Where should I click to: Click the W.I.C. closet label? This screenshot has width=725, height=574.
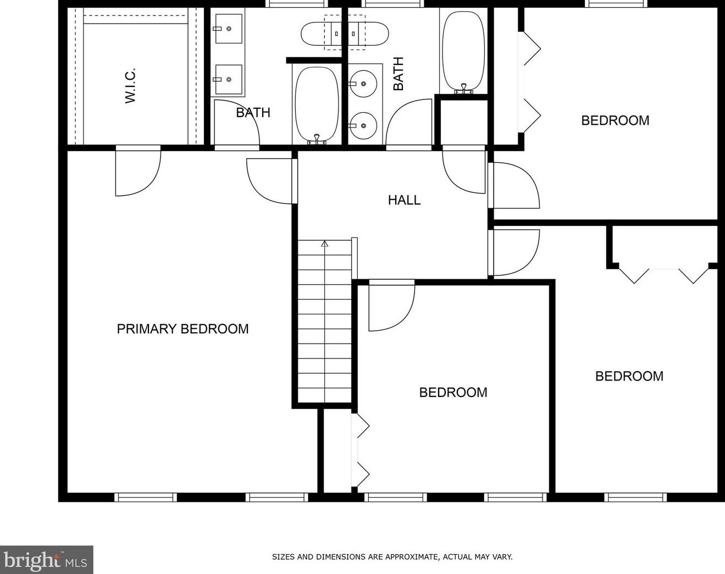[x=130, y=86]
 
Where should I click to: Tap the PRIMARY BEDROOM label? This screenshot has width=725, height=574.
[x=182, y=329]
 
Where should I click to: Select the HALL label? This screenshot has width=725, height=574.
[x=405, y=200]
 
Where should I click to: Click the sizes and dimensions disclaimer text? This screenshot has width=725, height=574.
[x=392, y=557]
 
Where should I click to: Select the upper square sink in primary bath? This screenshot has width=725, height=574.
[x=229, y=29]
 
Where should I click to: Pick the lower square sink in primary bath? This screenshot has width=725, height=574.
[x=229, y=80]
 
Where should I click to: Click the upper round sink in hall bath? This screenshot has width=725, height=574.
[x=363, y=84]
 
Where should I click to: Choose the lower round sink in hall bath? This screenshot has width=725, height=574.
[x=363, y=126]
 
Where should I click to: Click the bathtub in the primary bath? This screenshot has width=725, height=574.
[x=317, y=104]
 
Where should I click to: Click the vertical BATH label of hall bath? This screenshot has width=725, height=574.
[x=398, y=74]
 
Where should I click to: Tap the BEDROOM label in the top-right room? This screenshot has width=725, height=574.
[x=615, y=120]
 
